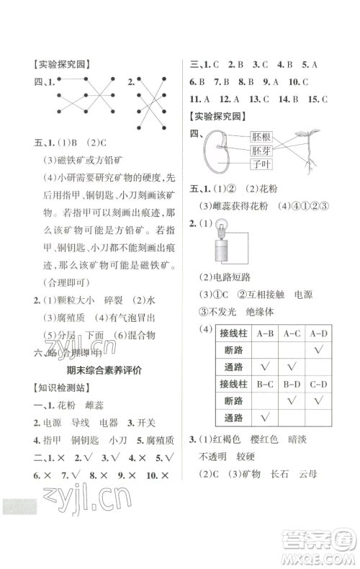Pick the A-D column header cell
[319, 333]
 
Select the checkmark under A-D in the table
[319, 351]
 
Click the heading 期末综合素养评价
[93, 369]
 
